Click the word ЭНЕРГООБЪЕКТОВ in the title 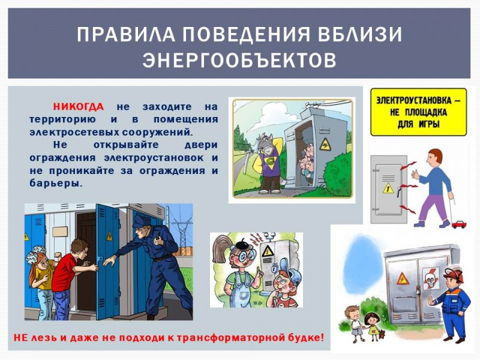(239, 61)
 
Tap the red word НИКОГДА (78, 107)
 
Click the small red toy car (460, 224)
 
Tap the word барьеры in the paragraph (55, 183)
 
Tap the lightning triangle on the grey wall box (388, 188)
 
